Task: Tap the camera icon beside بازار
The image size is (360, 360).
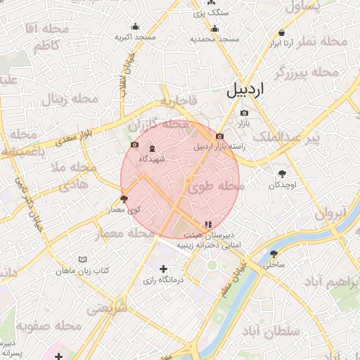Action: click(x=244, y=112)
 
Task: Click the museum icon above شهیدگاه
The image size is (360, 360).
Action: click(x=153, y=148)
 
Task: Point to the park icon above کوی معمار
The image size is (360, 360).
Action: click(x=124, y=199)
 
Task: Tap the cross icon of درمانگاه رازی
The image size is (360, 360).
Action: click(x=164, y=269)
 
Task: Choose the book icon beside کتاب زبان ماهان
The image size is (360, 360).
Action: click(x=84, y=260)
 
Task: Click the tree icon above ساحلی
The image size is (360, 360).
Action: click(x=274, y=254)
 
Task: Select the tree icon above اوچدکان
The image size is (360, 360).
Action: click(x=283, y=174)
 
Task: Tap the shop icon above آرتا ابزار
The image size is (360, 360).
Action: click(x=282, y=32)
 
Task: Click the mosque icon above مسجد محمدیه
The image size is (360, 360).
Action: click(x=214, y=29)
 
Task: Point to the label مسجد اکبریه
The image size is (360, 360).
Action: click(x=136, y=36)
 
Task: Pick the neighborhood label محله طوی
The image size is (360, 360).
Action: click(x=214, y=187)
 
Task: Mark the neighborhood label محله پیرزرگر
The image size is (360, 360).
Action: click(x=307, y=72)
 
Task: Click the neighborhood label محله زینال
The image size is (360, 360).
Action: click(x=65, y=99)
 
